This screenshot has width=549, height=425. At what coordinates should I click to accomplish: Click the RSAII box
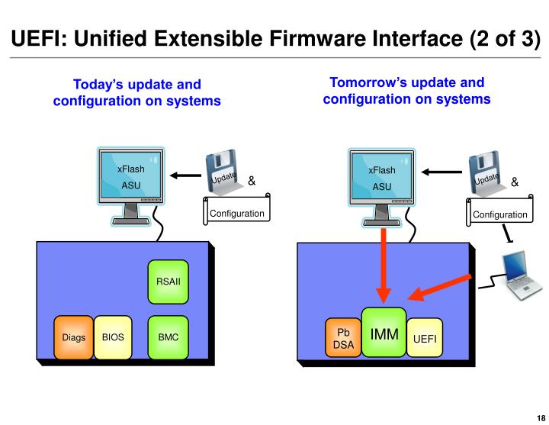pyautogui.click(x=167, y=282)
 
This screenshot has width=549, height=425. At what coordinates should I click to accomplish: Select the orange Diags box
pyautogui.click(x=73, y=336)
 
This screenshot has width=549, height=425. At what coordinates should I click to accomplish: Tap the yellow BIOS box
pyautogui.click(x=113, y=336)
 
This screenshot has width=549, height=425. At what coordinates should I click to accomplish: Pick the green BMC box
pyautogui.click(x=167, y=336)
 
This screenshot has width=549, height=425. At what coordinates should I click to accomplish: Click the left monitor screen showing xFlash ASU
pyautogui.click(x=130, y=177)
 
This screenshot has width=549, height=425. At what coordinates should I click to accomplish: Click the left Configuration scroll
pyautogui.click(x=236, y=211)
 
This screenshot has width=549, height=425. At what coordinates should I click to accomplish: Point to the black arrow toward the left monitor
pyautogui.click(x=183, y=175)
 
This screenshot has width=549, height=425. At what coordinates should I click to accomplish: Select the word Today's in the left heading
pyautogui.click(x=98, y=85)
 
